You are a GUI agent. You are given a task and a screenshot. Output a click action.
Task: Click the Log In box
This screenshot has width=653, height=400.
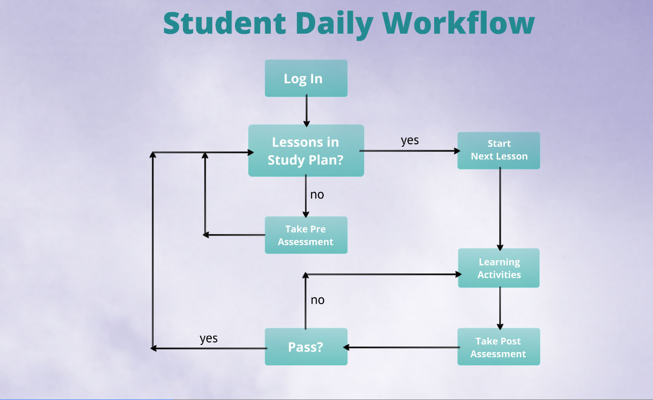click(x=306, y=78)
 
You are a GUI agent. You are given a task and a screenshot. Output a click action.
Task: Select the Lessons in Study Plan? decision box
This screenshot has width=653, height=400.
click(x=306, y=150)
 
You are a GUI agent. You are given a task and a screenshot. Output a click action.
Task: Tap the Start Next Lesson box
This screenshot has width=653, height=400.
click(x=499, y=150)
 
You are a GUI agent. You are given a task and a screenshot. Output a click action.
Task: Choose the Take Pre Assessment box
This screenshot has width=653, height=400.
click(x=306, y=235)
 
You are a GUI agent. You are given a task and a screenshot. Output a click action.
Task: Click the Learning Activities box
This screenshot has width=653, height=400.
click(x=499, y=268)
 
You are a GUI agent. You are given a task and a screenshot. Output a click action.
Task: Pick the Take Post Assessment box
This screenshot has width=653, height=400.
click(x=499, y=347)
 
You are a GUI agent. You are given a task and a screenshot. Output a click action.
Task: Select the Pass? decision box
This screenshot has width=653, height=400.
click(x=306, y=347)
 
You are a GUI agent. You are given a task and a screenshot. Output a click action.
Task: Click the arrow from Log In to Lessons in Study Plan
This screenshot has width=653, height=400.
click(x=306, y=111)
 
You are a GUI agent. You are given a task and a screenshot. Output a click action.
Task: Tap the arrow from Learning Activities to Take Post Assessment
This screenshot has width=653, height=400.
click(x=500, y=308)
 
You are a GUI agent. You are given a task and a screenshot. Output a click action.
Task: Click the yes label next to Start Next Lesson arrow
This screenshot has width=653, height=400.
click(x=409, y=140)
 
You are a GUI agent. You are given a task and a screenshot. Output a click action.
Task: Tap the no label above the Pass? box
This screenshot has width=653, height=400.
click(x=317, y=300)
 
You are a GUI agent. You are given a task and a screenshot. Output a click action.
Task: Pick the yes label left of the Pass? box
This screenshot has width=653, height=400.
click(x=208, y=338)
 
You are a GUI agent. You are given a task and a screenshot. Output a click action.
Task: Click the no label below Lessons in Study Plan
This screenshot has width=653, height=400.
click(x=317, y=194)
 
